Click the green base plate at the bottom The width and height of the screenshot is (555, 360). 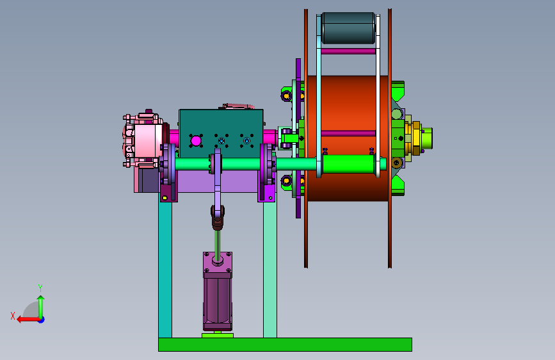coord(285,345)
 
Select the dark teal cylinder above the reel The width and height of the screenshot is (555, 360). coord(348,28)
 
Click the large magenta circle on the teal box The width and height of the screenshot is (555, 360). coord(196,141)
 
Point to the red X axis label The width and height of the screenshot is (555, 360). coord(13,316)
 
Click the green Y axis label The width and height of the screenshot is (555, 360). coord(40,288)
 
